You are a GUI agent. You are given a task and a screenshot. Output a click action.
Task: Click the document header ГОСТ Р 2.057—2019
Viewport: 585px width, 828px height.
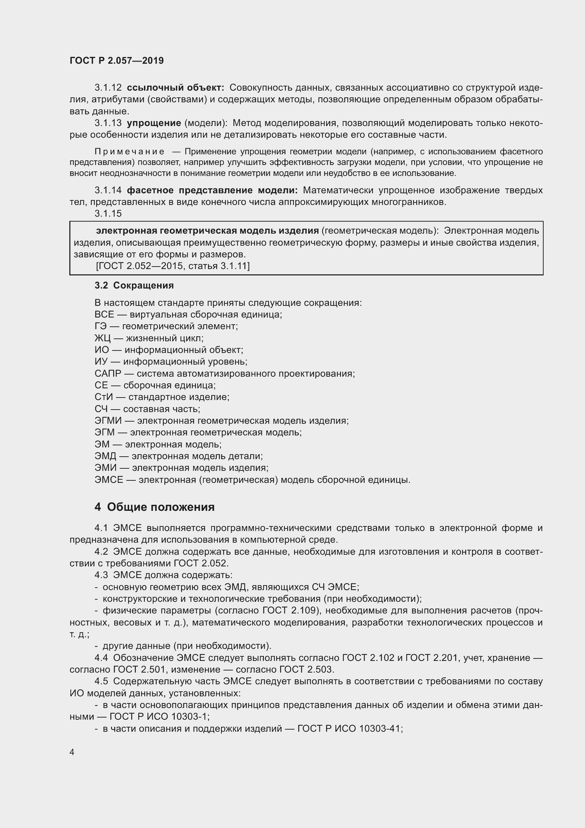click(x=116, y=61)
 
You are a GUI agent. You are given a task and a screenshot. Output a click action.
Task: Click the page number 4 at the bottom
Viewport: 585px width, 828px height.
click(x=72, y=752)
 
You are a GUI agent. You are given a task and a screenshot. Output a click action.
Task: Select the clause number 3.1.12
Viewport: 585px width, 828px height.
click(x=108, y=88)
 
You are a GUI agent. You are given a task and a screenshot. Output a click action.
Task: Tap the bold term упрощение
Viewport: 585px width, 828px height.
click(x=154, y=123)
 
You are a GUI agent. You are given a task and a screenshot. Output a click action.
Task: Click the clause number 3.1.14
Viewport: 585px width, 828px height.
click(x=108, y=190)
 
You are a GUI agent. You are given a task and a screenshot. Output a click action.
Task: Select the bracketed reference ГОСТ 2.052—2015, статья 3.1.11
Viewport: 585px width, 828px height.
click(x=173, y=266)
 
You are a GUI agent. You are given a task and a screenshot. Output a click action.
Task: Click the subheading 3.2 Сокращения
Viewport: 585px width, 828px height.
click(x=134, y=285)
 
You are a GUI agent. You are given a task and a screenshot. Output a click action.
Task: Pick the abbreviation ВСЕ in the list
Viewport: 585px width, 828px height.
click(x=104, y=314)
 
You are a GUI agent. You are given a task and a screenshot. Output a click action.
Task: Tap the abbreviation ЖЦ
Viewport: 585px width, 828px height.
click(x=103, y=338)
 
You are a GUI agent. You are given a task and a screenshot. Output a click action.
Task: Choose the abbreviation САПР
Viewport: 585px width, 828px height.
click(x=108, y=373)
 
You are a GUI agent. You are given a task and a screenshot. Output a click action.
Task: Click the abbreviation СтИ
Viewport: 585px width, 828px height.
click(x=104, y=397)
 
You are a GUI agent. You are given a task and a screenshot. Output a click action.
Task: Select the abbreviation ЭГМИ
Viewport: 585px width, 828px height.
click(x=108, y=421)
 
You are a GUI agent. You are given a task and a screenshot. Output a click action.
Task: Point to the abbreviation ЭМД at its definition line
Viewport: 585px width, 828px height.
click(x=105, y=456)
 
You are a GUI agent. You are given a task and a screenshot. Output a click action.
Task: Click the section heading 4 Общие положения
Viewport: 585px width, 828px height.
click(x=155, y=507)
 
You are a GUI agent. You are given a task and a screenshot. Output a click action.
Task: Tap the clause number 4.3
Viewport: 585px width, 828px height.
click(x=101, y=575)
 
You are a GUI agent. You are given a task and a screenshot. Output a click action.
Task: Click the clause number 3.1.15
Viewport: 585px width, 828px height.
click(x=108, y=213)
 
